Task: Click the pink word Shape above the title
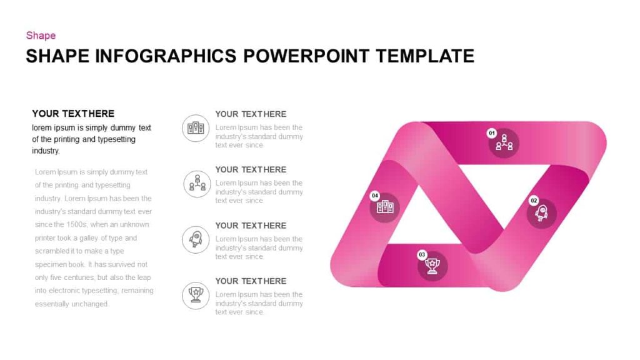click(x=41, y=36)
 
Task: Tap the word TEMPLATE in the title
click(x=425, y=56)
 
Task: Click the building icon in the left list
click(x=196, y=128)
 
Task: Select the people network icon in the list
click(x=197, y=184)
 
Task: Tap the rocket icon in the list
click(x=196, y=239)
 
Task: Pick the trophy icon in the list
click(x=196, y=295)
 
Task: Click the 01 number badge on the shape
click(x=492, y=133)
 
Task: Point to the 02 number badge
click(x=534, y=201)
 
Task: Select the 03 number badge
click(x=422, y=254)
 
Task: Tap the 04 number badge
click(x=375, y=196)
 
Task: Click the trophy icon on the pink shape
click(x=432, y=266)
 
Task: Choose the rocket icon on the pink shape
click(x=542, y=214)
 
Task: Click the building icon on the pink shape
click(x=385, y=207)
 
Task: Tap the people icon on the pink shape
click(x=504, y=144)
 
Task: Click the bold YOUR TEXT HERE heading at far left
click(x=73, y=114)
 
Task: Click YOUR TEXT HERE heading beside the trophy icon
click(x=251, y=281)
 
